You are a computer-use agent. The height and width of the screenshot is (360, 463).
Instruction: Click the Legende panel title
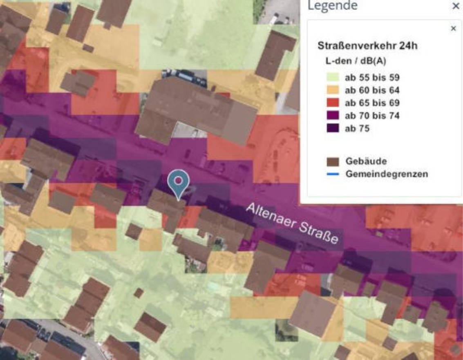(332, 6)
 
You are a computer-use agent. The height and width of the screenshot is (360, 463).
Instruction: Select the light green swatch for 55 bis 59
(333, 77)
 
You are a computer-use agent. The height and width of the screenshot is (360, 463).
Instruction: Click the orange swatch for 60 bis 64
(333, 90)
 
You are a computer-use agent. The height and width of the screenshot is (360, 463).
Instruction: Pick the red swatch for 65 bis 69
(333, 103)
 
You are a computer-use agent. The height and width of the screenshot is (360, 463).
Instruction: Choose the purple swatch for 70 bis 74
(333, 116)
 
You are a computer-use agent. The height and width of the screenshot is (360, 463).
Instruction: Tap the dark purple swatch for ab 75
(333, 128)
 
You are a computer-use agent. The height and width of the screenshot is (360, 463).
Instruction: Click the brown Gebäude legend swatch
(333, 161)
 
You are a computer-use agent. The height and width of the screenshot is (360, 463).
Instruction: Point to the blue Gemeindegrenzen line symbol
(333, 174)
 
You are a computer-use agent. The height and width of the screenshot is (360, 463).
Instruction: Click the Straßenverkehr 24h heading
(367, 46)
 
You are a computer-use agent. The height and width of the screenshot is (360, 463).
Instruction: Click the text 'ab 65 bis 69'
(372, 103)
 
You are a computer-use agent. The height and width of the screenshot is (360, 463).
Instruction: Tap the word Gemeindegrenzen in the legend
(387, 174)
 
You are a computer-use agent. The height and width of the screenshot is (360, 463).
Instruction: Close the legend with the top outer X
(456, 7)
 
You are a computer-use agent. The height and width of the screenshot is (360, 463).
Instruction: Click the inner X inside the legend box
(453, 28)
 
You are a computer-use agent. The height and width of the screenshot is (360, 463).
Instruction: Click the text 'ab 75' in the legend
(357, 128)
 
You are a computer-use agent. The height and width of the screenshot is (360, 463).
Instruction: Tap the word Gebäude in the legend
(366, 161)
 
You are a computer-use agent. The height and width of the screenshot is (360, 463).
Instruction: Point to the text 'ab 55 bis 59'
(372, 77)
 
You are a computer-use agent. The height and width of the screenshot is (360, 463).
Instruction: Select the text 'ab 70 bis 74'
(372, 116)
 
